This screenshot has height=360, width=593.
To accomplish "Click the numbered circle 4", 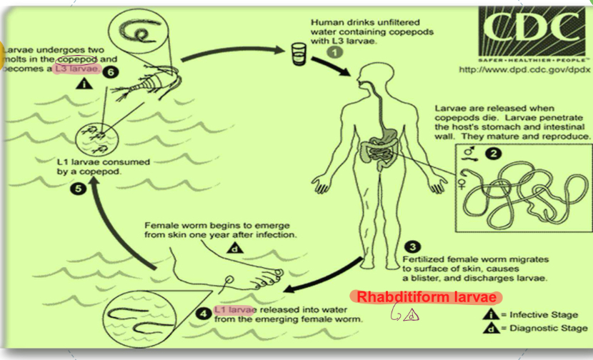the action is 204,312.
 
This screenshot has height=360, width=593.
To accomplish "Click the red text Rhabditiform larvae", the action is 427,297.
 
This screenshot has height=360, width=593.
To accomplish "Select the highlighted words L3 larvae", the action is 78,71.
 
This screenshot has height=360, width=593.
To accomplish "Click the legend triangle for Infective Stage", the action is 490,314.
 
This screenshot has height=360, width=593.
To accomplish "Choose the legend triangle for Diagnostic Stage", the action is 490,329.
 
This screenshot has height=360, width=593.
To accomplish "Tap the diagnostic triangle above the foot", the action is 234,249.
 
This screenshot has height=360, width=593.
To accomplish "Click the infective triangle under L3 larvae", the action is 86,84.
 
